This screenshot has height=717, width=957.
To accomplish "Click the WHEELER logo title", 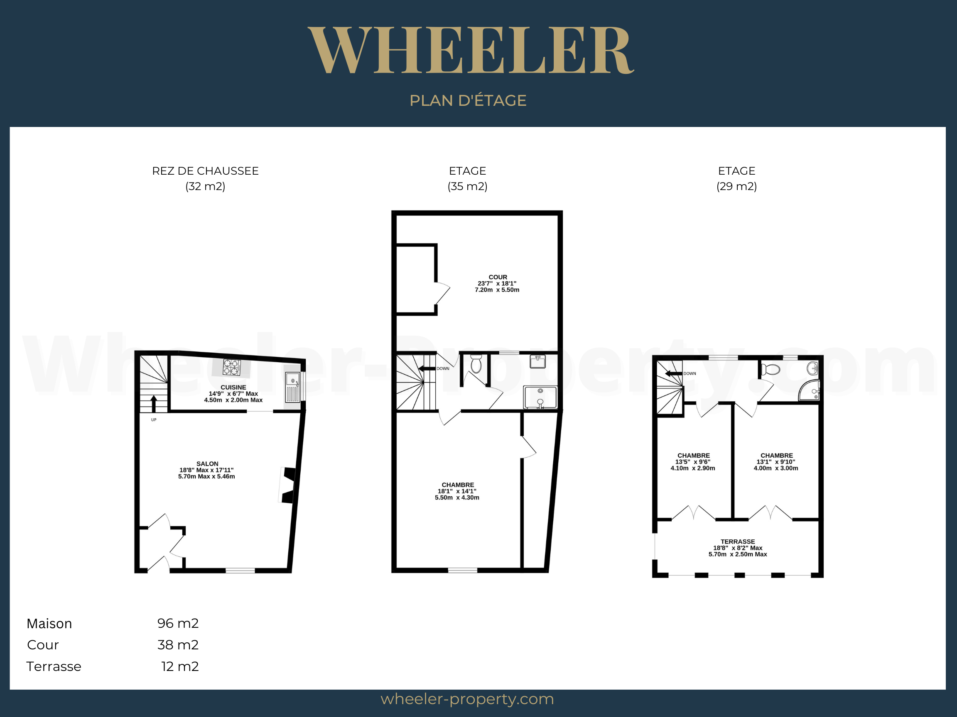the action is [x=471, y=50].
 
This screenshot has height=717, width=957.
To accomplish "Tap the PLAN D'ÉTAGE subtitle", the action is [x=468, y=100].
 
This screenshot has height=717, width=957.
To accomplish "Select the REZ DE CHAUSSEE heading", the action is [x=205, y=171].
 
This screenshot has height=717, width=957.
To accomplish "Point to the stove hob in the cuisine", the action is [x=231, y=367].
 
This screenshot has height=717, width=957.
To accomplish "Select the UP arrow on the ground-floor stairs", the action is [x=154, y=404].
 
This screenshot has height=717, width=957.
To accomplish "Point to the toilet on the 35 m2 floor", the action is [x=476, y=364].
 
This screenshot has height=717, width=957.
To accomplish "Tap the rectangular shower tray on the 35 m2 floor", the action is [x=540, y=397].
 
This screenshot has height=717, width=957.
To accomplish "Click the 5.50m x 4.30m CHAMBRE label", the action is [x=457, y=491].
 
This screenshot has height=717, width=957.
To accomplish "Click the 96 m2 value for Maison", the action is [x=178, y=623].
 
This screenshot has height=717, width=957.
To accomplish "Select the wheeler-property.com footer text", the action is [x=467, y=699].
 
